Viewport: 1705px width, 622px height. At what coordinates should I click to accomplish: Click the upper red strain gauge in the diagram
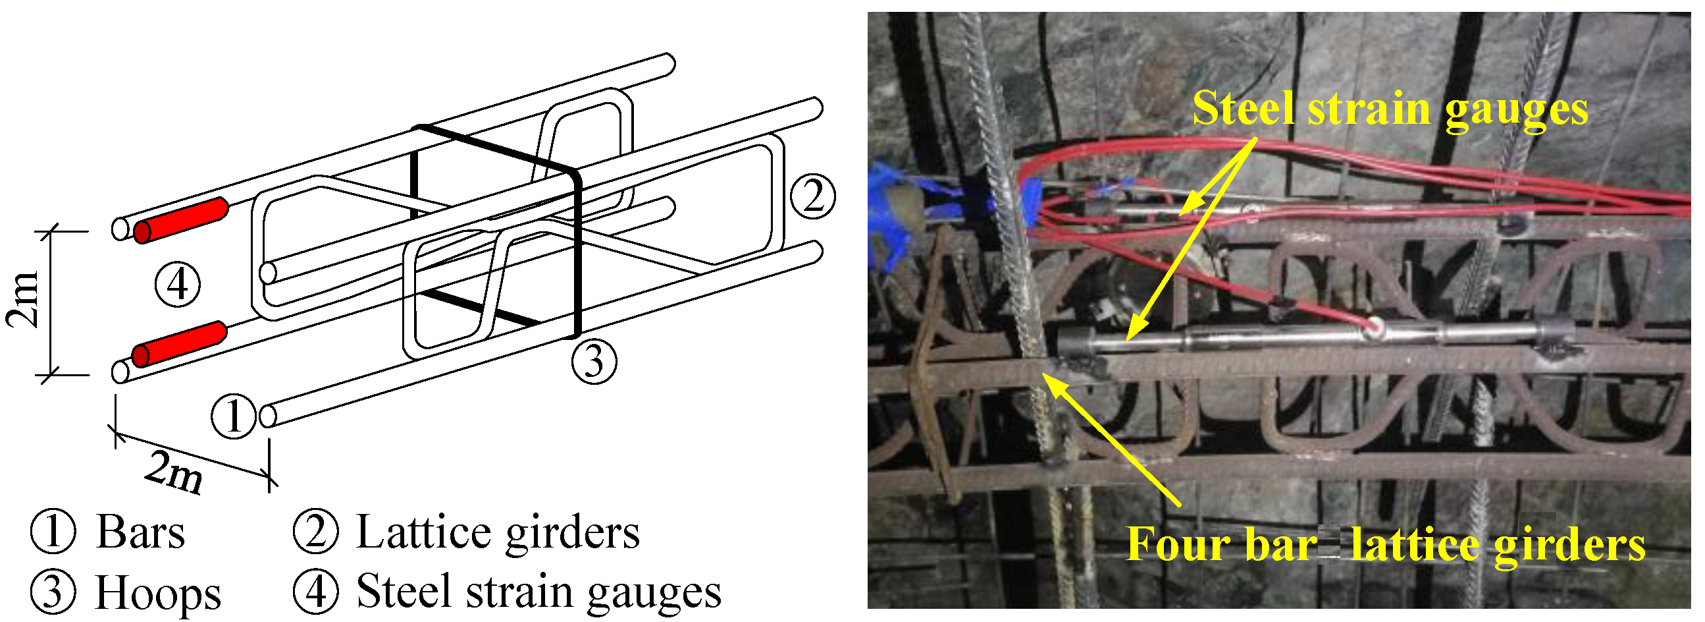[180, 221]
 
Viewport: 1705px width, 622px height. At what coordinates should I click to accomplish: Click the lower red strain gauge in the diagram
[179, 344]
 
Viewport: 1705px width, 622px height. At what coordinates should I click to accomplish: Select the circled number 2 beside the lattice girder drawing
[813, 196]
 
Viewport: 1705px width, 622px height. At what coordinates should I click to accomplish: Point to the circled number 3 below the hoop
[594, 361]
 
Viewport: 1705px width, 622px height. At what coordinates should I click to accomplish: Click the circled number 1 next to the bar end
[233, 416]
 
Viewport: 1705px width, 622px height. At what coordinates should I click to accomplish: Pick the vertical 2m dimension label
[24, 299]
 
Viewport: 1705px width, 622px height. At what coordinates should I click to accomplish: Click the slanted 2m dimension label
[173, 472]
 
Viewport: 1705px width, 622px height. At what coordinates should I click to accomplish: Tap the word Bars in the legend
[140, 532]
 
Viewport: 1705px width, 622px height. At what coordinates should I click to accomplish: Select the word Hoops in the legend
[158, 592]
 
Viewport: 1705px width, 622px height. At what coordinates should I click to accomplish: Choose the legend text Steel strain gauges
[538, 592]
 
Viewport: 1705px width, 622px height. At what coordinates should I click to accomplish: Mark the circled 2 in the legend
[316, 532]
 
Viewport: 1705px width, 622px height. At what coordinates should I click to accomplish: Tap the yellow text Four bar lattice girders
[1386, 545]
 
